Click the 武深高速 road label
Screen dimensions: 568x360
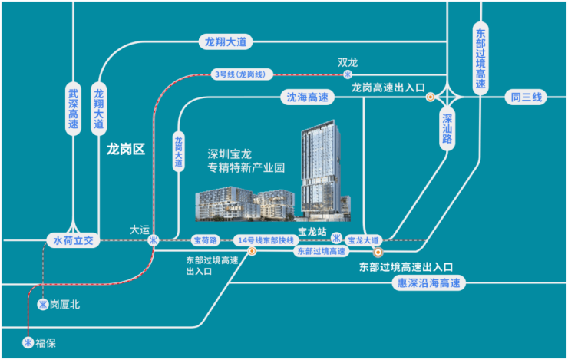pos(73,109)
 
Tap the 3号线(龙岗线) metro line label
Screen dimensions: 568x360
pos(241,74)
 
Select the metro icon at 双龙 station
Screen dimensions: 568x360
pos(348,74)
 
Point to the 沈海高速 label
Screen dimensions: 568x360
pos(308,97)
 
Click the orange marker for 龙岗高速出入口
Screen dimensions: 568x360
pos(431,97)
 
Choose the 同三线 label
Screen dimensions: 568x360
pos(527,97)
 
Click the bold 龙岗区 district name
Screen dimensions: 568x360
pos(126,149)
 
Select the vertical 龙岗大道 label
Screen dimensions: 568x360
pos(178,151)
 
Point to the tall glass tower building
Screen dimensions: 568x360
pos(321,170)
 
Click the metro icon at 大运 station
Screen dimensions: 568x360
pos(154,240)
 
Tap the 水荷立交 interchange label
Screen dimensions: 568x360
pos(73,240)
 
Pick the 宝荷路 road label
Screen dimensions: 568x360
pos(206,240)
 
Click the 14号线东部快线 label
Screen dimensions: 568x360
pos(266,240)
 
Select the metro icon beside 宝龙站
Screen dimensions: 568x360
pos(336,238)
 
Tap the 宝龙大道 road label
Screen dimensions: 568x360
pos(363,240)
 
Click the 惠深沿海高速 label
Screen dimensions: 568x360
pos(429,282)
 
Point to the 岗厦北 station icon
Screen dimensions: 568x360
pos(43,304)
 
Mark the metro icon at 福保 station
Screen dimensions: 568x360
pos(28,342)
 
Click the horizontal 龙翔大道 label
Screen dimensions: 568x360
pos(226,42)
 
